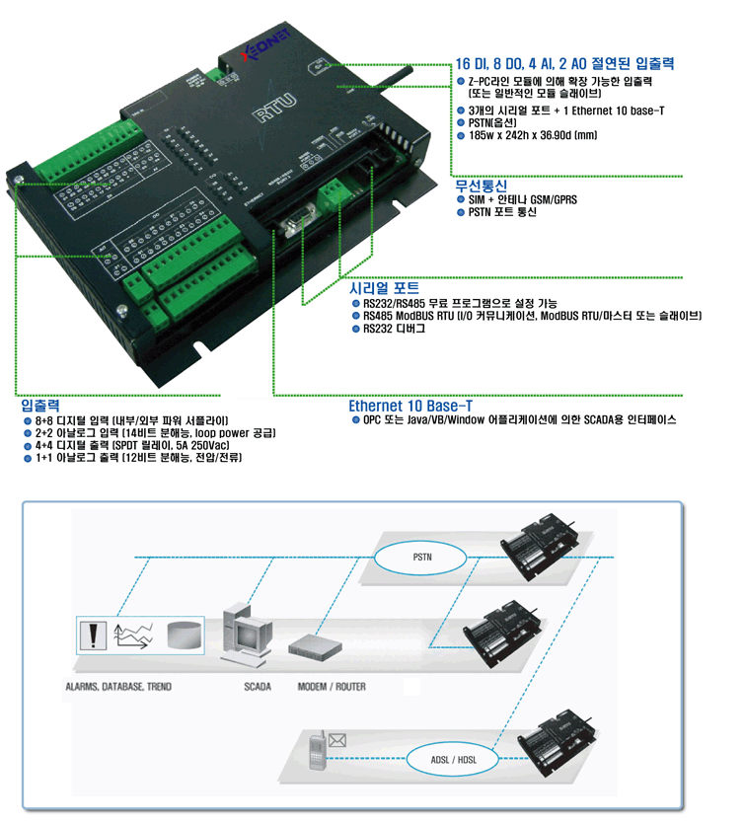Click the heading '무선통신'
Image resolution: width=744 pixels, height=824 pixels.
tap(481, 186)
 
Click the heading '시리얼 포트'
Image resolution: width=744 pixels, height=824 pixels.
tap(385, 288)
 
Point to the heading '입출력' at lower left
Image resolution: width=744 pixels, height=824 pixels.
tap(41, 406)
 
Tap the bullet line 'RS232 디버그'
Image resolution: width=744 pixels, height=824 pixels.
tap(394, 329)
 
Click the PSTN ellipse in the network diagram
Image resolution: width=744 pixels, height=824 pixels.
tap(422, 558)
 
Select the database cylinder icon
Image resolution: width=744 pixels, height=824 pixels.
tap(185, 635)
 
